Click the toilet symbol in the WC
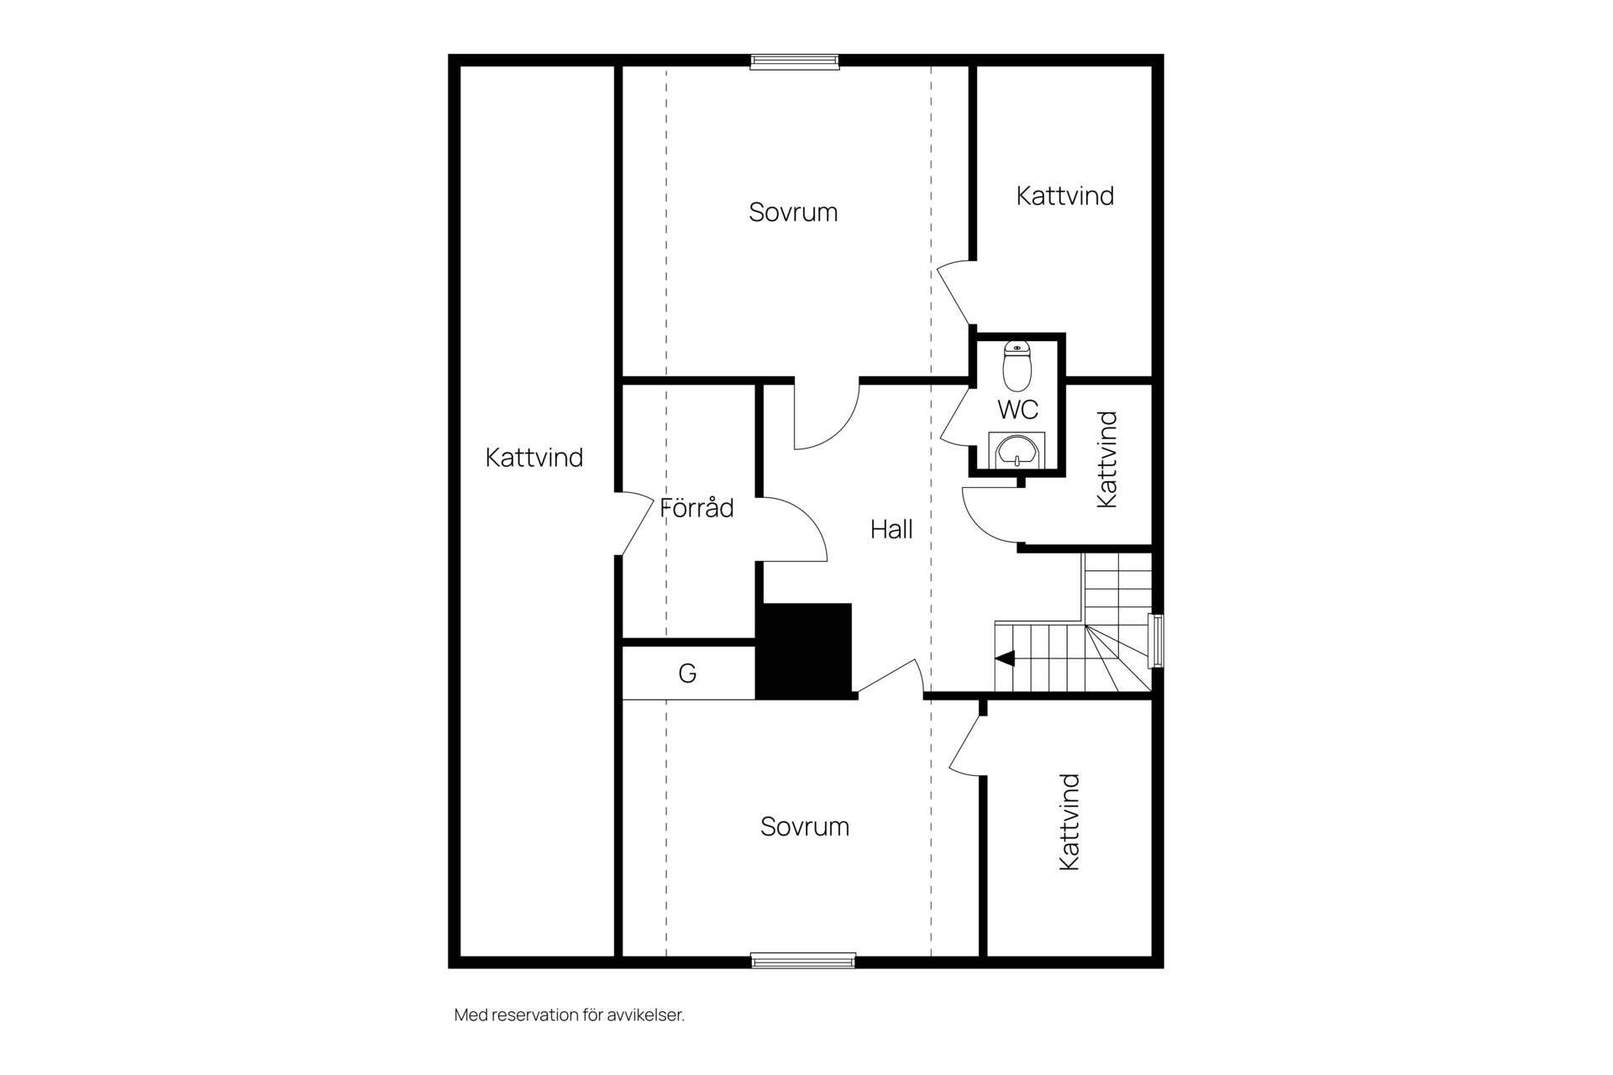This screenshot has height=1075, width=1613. tap(1017, 366)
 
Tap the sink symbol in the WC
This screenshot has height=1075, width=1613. tap(1017, 450)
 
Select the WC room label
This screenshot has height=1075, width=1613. tap(1017, 410)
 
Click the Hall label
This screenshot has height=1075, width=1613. tap(891, 529)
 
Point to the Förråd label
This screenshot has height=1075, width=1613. tap(696, 507)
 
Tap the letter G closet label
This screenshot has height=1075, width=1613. tap(687, 673)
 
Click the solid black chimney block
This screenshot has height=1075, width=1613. tap(804, 650)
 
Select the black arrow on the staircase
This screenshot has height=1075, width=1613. tap(1005, 658)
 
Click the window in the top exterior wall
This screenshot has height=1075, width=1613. tap(795, 60)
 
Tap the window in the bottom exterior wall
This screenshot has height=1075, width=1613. tap(803, 961)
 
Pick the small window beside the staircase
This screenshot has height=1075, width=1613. tap(1157, 641)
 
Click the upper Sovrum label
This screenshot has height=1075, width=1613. tap(793, 212)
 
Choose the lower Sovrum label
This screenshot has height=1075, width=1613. tap(805, 826)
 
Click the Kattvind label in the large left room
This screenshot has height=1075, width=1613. tap(534, 458)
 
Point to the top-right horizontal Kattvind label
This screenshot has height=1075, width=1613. tap(1065, 196)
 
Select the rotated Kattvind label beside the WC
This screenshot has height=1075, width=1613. tap(1107, 459)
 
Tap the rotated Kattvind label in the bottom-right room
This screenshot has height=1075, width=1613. tap(1069, 822)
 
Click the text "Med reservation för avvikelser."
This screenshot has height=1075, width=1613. tap(570, 1015)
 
